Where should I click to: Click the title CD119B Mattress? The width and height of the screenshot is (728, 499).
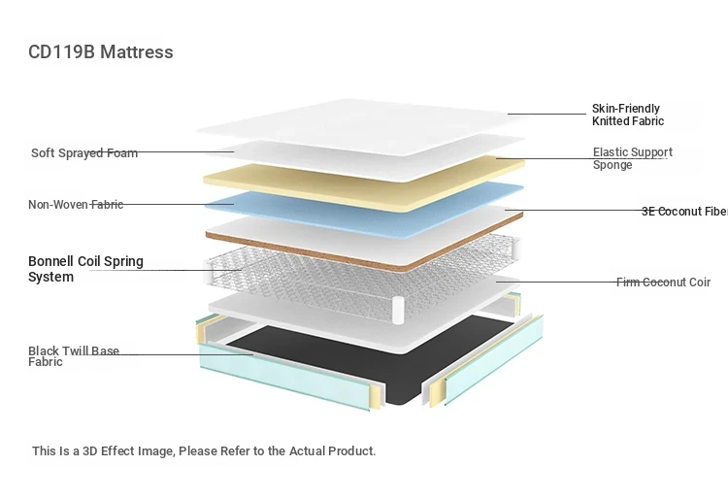click(x=101, y=52)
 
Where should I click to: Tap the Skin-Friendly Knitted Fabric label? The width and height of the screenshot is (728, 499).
click(x=628, y=115)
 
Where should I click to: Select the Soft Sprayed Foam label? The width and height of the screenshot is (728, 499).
click(x=84, y=152)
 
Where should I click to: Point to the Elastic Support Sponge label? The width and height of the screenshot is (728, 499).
click(x=632, y=158)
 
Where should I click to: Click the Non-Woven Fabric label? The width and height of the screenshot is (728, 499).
click(x=76, y=204)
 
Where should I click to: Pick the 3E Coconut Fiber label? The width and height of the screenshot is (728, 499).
click(x=685, y=212)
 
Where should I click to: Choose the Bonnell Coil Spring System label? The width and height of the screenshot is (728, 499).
click(x=85, y=269)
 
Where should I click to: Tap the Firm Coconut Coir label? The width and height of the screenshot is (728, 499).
click(x=663, y=283)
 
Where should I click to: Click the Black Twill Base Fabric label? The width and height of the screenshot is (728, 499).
click(x=74, y=356)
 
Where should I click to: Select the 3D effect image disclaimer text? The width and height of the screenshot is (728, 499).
click(x=204, y=450)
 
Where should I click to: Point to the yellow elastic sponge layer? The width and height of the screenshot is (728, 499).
click(x=364, y=184)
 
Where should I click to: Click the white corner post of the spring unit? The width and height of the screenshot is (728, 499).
click(x=398, y=310)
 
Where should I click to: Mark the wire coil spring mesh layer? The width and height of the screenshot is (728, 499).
click(x=362, y=279)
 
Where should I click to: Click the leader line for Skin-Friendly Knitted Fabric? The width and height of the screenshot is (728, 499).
click(x=546, y=114)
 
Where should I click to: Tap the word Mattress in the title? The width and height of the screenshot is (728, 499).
click(x=137, y=52)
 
